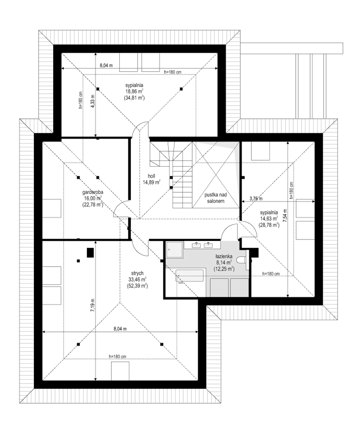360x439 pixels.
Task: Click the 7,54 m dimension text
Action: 285,215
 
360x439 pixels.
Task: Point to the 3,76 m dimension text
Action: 255,198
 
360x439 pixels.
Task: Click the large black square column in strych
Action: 90,252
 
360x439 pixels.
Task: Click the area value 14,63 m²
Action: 267,218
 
